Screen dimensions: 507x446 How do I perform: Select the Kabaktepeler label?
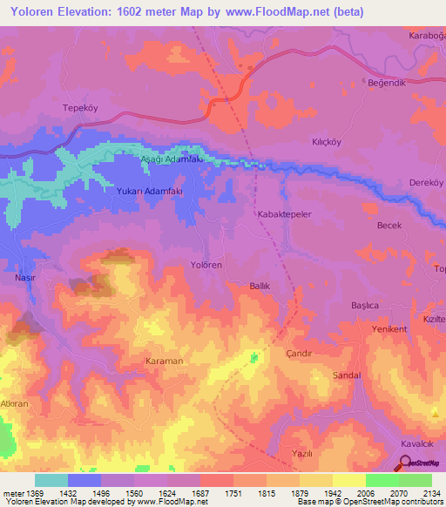click(x=284, y=213)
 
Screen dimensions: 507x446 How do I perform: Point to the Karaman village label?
click(x=164, y=360)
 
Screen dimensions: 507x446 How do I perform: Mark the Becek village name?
click(x=389, y=225)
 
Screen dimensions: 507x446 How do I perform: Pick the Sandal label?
click(x=347, y=375)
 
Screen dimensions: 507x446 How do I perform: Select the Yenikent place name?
click(x=389, y=328)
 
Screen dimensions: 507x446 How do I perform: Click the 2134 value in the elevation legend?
click(x=429, y=493)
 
